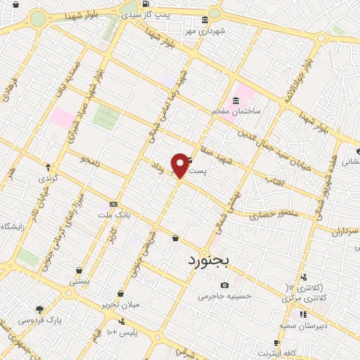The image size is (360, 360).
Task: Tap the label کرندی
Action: [49, 179]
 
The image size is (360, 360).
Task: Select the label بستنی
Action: [79, 281]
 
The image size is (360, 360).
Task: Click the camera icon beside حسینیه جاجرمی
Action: [224, 285]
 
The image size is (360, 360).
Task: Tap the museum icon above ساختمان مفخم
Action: [236, 100]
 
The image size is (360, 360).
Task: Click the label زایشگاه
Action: [14, 226]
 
